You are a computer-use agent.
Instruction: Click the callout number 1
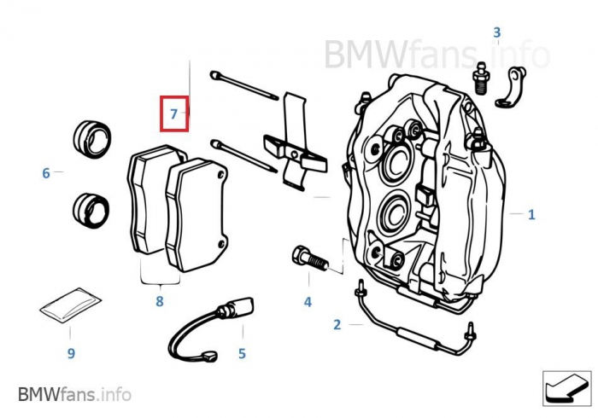click(531, 215)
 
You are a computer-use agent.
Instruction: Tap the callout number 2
click(337, 324)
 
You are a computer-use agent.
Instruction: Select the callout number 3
click(495, 33)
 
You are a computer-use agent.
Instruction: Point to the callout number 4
click(308, 301)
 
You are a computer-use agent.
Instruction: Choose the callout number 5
click(242, 352)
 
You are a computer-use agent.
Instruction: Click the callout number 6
click(46, 173)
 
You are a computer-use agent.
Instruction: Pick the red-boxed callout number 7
click(173, 113)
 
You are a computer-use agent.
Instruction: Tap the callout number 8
click(159, 300)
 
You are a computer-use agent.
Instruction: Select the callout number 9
click(71, 352)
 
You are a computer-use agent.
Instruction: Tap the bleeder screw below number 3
click(481, 76)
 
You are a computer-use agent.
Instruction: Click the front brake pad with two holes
click(196, 213)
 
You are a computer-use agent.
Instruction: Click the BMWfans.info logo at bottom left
click(74, 394)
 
